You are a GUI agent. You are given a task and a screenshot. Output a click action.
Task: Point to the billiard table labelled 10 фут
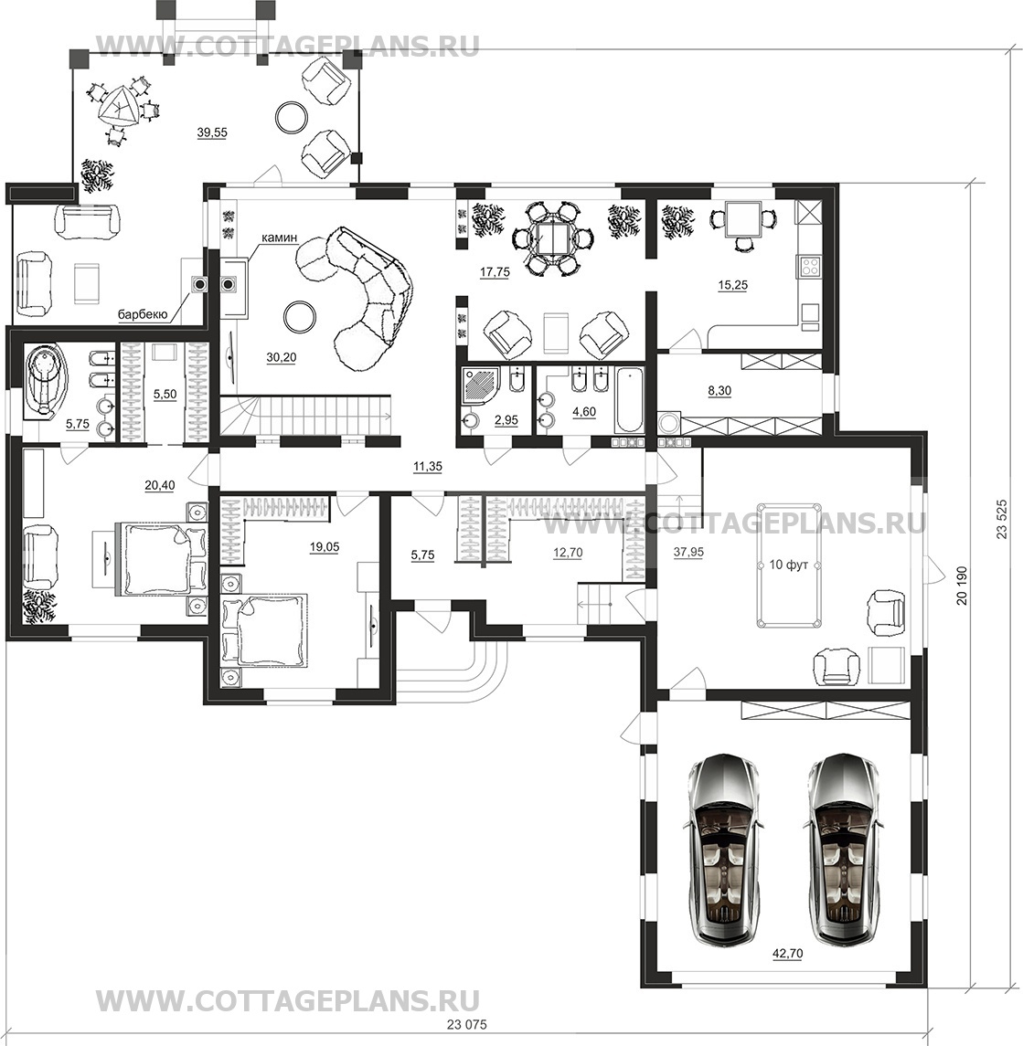tap(790, 565)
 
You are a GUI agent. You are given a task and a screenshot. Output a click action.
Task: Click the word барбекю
tap(143, 313)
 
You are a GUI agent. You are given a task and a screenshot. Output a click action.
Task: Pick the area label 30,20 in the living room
tap(282, 358)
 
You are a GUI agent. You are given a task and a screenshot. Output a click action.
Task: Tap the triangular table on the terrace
tap(120, 107)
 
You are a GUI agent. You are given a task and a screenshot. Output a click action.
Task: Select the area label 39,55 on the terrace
tap(212, 132)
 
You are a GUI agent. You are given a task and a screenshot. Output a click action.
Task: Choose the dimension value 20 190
tap(962, 586)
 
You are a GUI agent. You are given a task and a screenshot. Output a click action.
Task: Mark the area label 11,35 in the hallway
tap(427, 466)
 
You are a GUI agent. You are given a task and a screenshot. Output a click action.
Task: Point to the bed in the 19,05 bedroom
tap(265, 629)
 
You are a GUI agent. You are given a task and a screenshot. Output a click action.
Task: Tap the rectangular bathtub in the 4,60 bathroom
tap(628, 399)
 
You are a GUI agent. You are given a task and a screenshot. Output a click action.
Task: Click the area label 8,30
tap(719, 392)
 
